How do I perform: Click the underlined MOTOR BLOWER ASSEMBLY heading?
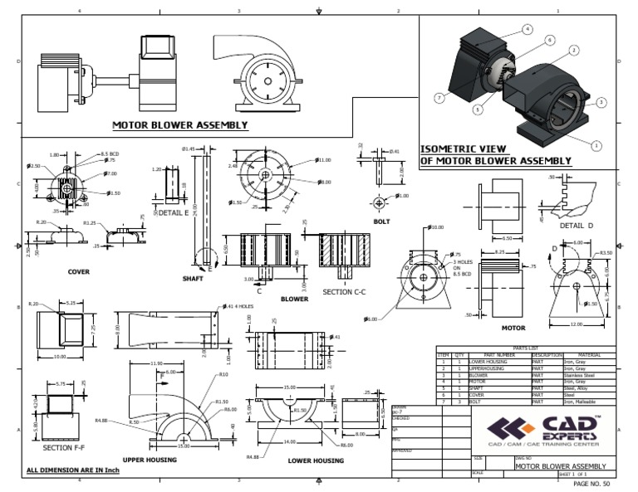(180, 125)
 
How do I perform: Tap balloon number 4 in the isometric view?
(527, 29)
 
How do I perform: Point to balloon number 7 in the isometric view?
(438, 98)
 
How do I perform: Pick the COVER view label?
(79, 271)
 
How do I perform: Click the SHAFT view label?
(193, 279)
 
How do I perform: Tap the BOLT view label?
(381, 222)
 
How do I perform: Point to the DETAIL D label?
(577, 226)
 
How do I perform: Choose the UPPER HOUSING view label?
(154, 459)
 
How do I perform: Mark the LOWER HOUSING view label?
(316, 460)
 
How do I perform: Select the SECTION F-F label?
(63, 449)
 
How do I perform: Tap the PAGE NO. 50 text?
(591, 483)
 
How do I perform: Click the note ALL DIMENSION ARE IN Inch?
(74, 470)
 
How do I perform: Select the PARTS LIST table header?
(526, 348)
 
